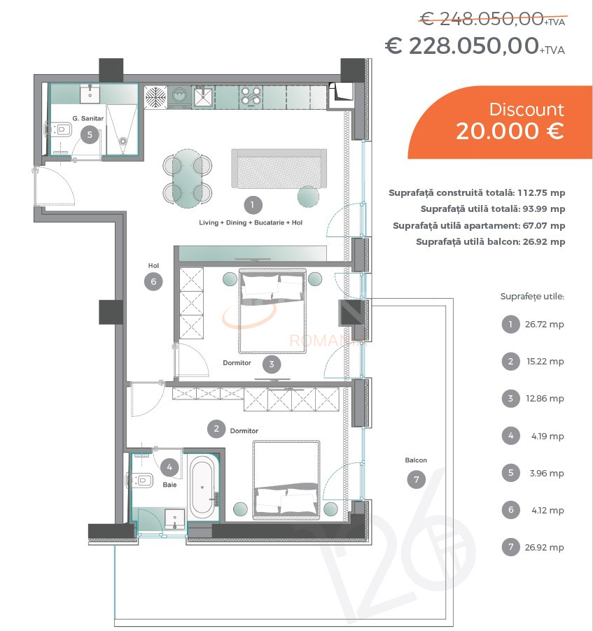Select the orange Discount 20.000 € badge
500,122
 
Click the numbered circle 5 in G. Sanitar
90,134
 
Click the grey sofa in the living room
279,168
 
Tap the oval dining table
188,178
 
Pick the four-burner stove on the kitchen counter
251,97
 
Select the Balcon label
416,460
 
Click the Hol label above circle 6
153,266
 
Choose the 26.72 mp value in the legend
544,325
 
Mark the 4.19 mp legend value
547,437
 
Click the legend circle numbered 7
511,547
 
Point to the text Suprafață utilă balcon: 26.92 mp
490,242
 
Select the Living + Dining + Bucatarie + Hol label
251,222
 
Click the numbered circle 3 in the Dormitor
272,364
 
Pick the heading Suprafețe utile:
532,297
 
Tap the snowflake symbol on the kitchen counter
155,97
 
